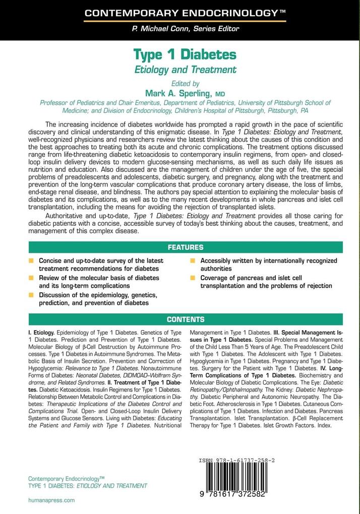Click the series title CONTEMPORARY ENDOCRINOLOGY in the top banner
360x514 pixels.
tap(180, 14)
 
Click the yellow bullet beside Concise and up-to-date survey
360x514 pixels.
tap(31, 261)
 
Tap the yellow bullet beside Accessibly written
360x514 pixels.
tap(193, 261)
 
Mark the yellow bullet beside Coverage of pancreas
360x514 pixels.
tap(193, 278)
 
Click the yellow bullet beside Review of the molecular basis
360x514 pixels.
tap(31, 278)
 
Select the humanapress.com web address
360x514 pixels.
tap(51, 500)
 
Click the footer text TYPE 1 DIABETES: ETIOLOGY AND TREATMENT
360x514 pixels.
tap(87, 486)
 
